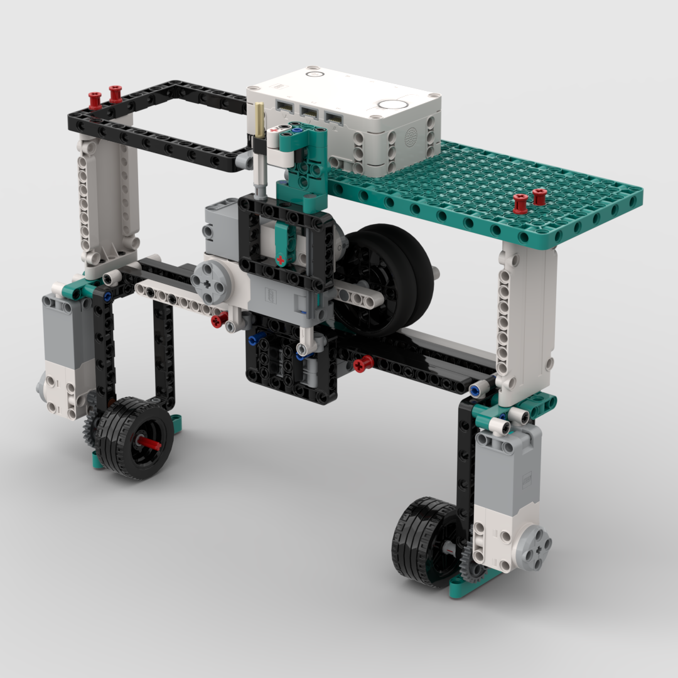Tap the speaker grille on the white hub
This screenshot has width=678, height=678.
pos(412,137)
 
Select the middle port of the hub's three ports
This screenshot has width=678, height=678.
pos(308,112)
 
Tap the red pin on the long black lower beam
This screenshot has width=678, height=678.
pos(362,363)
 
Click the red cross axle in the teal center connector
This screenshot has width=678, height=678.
pos(281,259)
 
